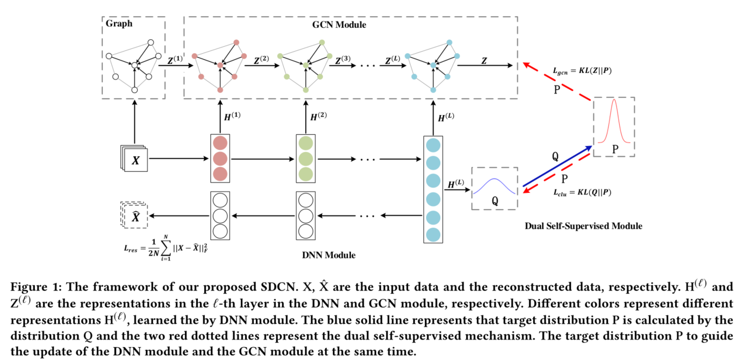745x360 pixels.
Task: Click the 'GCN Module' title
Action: tap(339, 25)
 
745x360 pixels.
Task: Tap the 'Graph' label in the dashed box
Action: tap(118, 24)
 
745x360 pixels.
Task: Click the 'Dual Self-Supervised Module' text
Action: tap(583, 226)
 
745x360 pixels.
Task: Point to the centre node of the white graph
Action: tap(134, 65)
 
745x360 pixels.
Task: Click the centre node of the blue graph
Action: tap(433, 65)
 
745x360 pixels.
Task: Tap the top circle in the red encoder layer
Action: tap(219, 144)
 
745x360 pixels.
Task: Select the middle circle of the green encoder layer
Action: tap(305, 159)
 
